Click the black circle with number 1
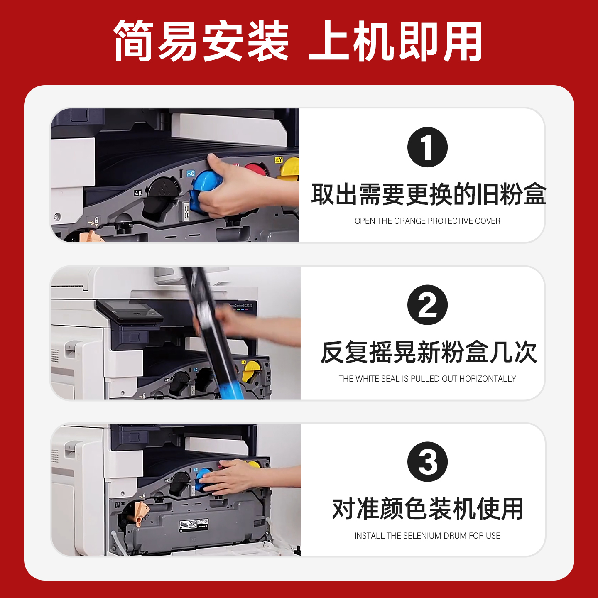point(427,147)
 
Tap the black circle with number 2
point(427,305)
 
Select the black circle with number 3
point(427,462)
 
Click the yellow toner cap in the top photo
point(290,169)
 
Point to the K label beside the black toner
point(138,193)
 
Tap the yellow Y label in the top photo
point(278,160)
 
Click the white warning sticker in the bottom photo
point(194,525)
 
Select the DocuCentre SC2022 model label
point(241,306)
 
